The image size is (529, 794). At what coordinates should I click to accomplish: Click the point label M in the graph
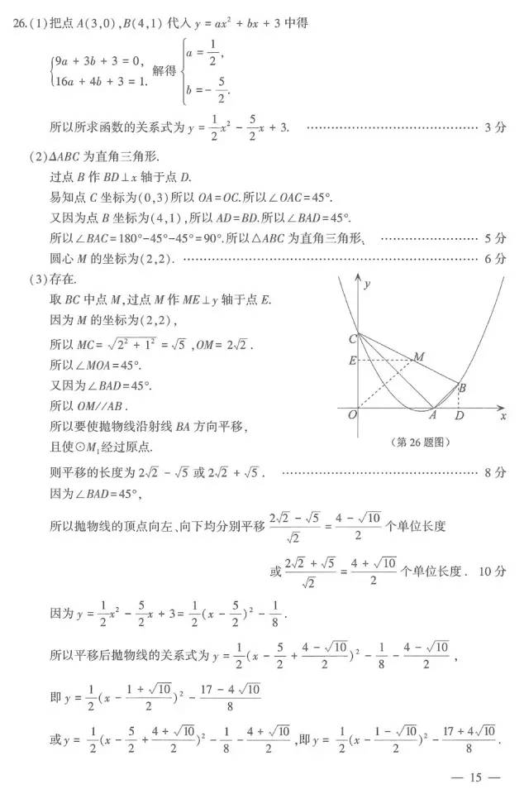[419, 356]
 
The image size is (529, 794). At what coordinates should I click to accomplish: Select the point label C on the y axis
[353, 338]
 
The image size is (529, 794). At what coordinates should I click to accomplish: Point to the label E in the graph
[352, 360]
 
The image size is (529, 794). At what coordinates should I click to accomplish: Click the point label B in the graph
[462, 387]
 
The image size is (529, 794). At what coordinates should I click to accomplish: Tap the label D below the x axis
[459, 415]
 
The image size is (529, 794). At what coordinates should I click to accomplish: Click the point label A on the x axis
[431, 415]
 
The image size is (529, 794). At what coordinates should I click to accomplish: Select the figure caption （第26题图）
[420, 442]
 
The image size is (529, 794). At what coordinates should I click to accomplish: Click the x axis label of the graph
[503, 416]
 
